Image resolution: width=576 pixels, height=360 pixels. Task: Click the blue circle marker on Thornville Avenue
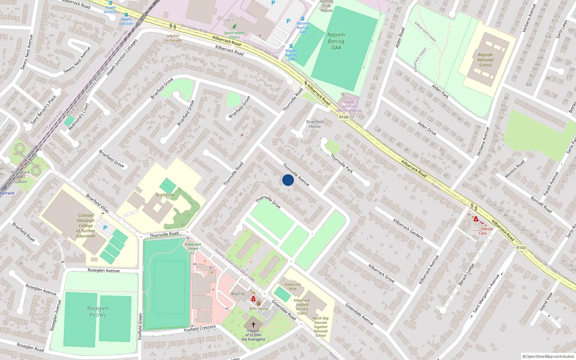(288, 180)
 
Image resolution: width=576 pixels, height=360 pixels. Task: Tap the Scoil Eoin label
(165, 195)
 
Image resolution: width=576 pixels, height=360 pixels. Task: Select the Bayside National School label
(485, 60)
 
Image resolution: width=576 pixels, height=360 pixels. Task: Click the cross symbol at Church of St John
(253, 325)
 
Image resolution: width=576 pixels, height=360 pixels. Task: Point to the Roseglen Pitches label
(98, 312)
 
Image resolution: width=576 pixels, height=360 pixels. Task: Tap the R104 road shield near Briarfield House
(344, 117)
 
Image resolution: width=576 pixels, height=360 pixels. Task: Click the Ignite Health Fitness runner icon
(234, 27)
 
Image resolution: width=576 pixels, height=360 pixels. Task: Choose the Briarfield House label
(315, 124)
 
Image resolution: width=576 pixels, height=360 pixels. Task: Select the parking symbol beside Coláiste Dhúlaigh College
(105, 228)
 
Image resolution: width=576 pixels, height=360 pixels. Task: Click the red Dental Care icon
(476, 219)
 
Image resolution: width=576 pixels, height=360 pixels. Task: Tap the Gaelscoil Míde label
(293, 287)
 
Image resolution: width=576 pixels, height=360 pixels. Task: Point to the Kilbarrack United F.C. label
(193, 248)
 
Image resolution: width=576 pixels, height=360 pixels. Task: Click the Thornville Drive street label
(268, 202)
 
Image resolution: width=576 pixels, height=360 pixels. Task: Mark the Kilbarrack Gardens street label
(408, 229)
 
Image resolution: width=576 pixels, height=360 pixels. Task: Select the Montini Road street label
(514, 169)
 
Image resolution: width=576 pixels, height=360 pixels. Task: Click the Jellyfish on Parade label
(173, 38)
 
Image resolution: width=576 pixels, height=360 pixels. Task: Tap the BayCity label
(238, 294)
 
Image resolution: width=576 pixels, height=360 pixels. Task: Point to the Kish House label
(259, 308)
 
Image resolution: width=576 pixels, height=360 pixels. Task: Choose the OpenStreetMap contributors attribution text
(548, 357)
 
